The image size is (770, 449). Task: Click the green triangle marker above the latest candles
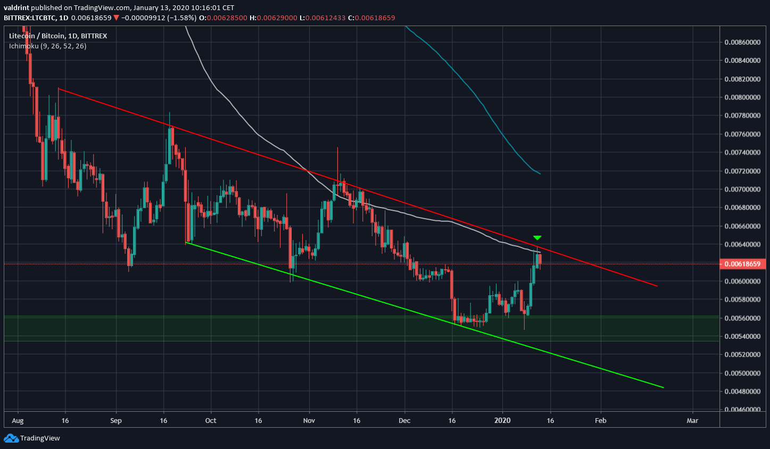[537, 237]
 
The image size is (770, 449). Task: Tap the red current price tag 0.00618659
[742, 264]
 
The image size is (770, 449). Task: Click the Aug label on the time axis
[18, 420]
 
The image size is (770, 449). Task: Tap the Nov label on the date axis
[309, 420]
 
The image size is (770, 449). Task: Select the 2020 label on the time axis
[502, 420]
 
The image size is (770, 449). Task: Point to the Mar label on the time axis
[692, 420]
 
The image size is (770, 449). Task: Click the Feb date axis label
[600, 420]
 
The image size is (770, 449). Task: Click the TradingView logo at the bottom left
[32, 438]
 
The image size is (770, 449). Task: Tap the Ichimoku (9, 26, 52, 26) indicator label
[47, 46]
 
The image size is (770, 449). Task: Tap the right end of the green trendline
[663, 387]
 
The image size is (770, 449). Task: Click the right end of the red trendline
[657, 286]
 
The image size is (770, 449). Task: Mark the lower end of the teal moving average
[540, 173]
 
